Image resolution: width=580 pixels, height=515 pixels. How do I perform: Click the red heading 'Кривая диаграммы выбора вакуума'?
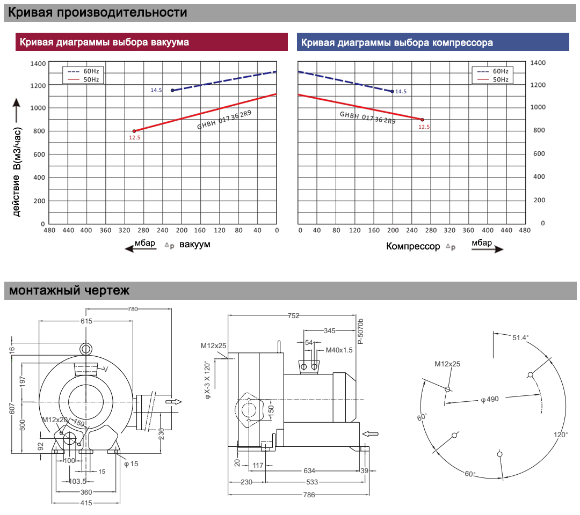coord(104,42)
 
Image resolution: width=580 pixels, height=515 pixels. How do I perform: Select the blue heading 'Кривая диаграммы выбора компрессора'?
coord(397,42)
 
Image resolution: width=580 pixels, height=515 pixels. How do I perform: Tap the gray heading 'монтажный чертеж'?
coord(69,290)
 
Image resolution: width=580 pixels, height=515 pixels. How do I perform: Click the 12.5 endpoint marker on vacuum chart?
coord(134,131)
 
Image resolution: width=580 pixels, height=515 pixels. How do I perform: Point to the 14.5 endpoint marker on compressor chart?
coord(393,91)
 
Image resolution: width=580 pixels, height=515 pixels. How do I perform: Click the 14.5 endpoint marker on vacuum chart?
coord(172,90)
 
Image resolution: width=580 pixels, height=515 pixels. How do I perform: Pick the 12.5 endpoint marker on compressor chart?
coord(423,120)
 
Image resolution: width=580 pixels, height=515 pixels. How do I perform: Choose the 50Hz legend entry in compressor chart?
coord(492,79)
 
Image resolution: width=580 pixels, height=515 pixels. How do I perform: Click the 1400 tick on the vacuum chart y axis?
coord(38,63)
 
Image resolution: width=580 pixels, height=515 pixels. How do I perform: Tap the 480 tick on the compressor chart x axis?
coord(525,230)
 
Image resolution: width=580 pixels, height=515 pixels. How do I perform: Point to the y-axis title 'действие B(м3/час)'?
coord(17,172)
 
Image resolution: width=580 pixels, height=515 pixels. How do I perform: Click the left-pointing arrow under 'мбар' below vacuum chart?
coord(140,248)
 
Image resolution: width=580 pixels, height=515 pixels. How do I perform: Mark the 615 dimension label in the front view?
coord(86,321)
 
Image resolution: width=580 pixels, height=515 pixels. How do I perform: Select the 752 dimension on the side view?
coord(293,315)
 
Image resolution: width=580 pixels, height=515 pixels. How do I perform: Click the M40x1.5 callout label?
coord(339,350)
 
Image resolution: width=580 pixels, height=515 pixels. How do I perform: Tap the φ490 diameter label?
coord(490,399)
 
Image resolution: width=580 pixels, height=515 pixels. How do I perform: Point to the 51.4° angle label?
coord(520,337)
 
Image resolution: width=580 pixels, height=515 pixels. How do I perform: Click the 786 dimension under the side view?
coord(309,495)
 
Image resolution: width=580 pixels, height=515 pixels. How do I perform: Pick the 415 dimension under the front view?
coord(86,503)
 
